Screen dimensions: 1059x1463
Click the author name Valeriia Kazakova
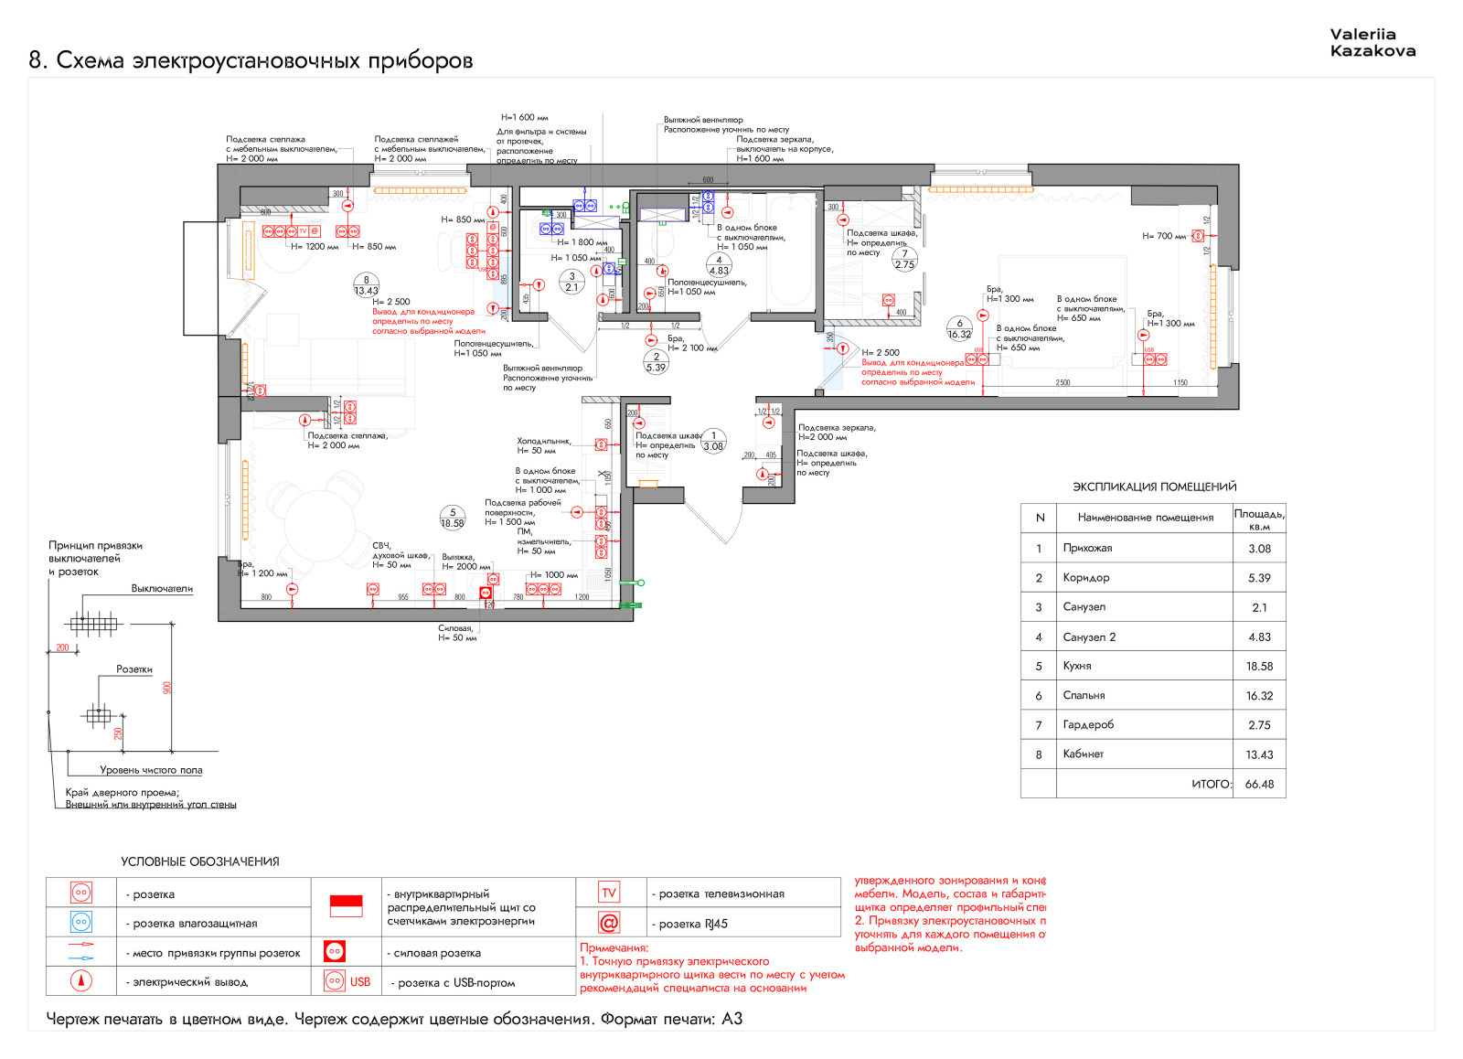pos(1372,43)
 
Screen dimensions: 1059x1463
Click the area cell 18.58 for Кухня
pos(1259,666)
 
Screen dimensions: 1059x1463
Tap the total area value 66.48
pos(1259,784)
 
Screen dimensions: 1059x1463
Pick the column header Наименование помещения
pos(1145,518)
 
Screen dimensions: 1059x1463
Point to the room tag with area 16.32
pos(959,329)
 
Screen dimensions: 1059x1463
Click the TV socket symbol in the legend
pos(609,893)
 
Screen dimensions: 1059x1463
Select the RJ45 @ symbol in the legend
pos(609,923)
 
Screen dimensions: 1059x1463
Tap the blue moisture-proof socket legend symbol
pos(81,922)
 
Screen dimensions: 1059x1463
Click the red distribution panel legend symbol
pos(346,905)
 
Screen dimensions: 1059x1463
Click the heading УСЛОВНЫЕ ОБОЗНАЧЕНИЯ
pos(200,861)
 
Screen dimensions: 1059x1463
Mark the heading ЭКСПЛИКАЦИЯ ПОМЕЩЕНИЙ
pos(1154,487)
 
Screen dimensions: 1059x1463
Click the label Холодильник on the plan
pos(543,441)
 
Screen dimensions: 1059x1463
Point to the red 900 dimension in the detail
pos(167,687)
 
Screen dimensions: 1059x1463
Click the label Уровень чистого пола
pos(151,770)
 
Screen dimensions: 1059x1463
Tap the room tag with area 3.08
pos(713,442)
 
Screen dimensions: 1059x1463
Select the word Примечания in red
pos(614,948)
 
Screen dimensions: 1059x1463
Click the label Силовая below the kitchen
pos(455,628)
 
